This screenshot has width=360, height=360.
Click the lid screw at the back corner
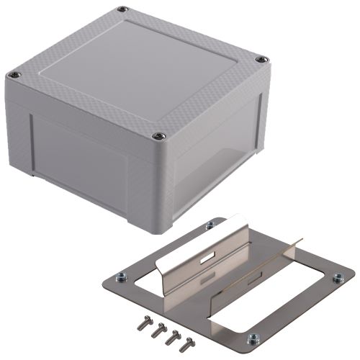122,9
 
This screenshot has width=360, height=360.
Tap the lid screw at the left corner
12,74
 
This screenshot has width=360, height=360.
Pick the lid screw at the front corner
159,135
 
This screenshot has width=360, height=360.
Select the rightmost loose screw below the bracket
189,344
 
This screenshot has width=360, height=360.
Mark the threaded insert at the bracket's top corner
210,225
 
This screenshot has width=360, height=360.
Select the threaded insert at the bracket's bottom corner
253,339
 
